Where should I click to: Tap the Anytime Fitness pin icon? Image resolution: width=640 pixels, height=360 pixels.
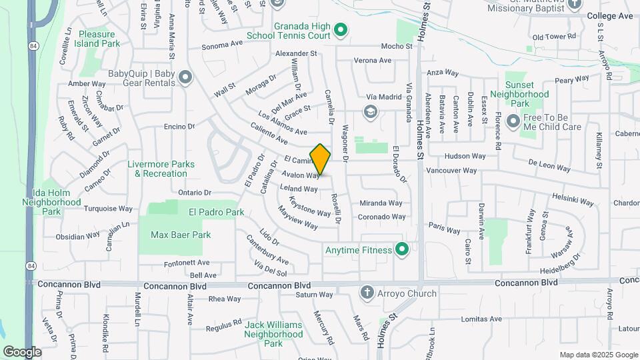tap(401, 251)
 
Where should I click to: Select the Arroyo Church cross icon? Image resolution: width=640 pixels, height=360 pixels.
tap(367, 293)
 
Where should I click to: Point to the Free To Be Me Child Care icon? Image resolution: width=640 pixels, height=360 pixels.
tap(513, 121)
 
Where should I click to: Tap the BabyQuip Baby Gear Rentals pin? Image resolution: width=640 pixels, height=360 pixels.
tap(185, 78)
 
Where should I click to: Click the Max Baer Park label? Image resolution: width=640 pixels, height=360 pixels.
tap(181, 235)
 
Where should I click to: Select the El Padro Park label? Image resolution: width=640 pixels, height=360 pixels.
tap(216, 213)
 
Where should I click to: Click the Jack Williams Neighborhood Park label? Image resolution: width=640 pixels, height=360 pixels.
tap(273, 334)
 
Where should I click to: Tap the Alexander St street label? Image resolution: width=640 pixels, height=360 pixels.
tap(296, 53)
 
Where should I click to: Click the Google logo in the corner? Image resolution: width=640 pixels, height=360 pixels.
tap(22, 351)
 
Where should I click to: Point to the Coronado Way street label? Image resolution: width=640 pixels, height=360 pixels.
tap(382, 217)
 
